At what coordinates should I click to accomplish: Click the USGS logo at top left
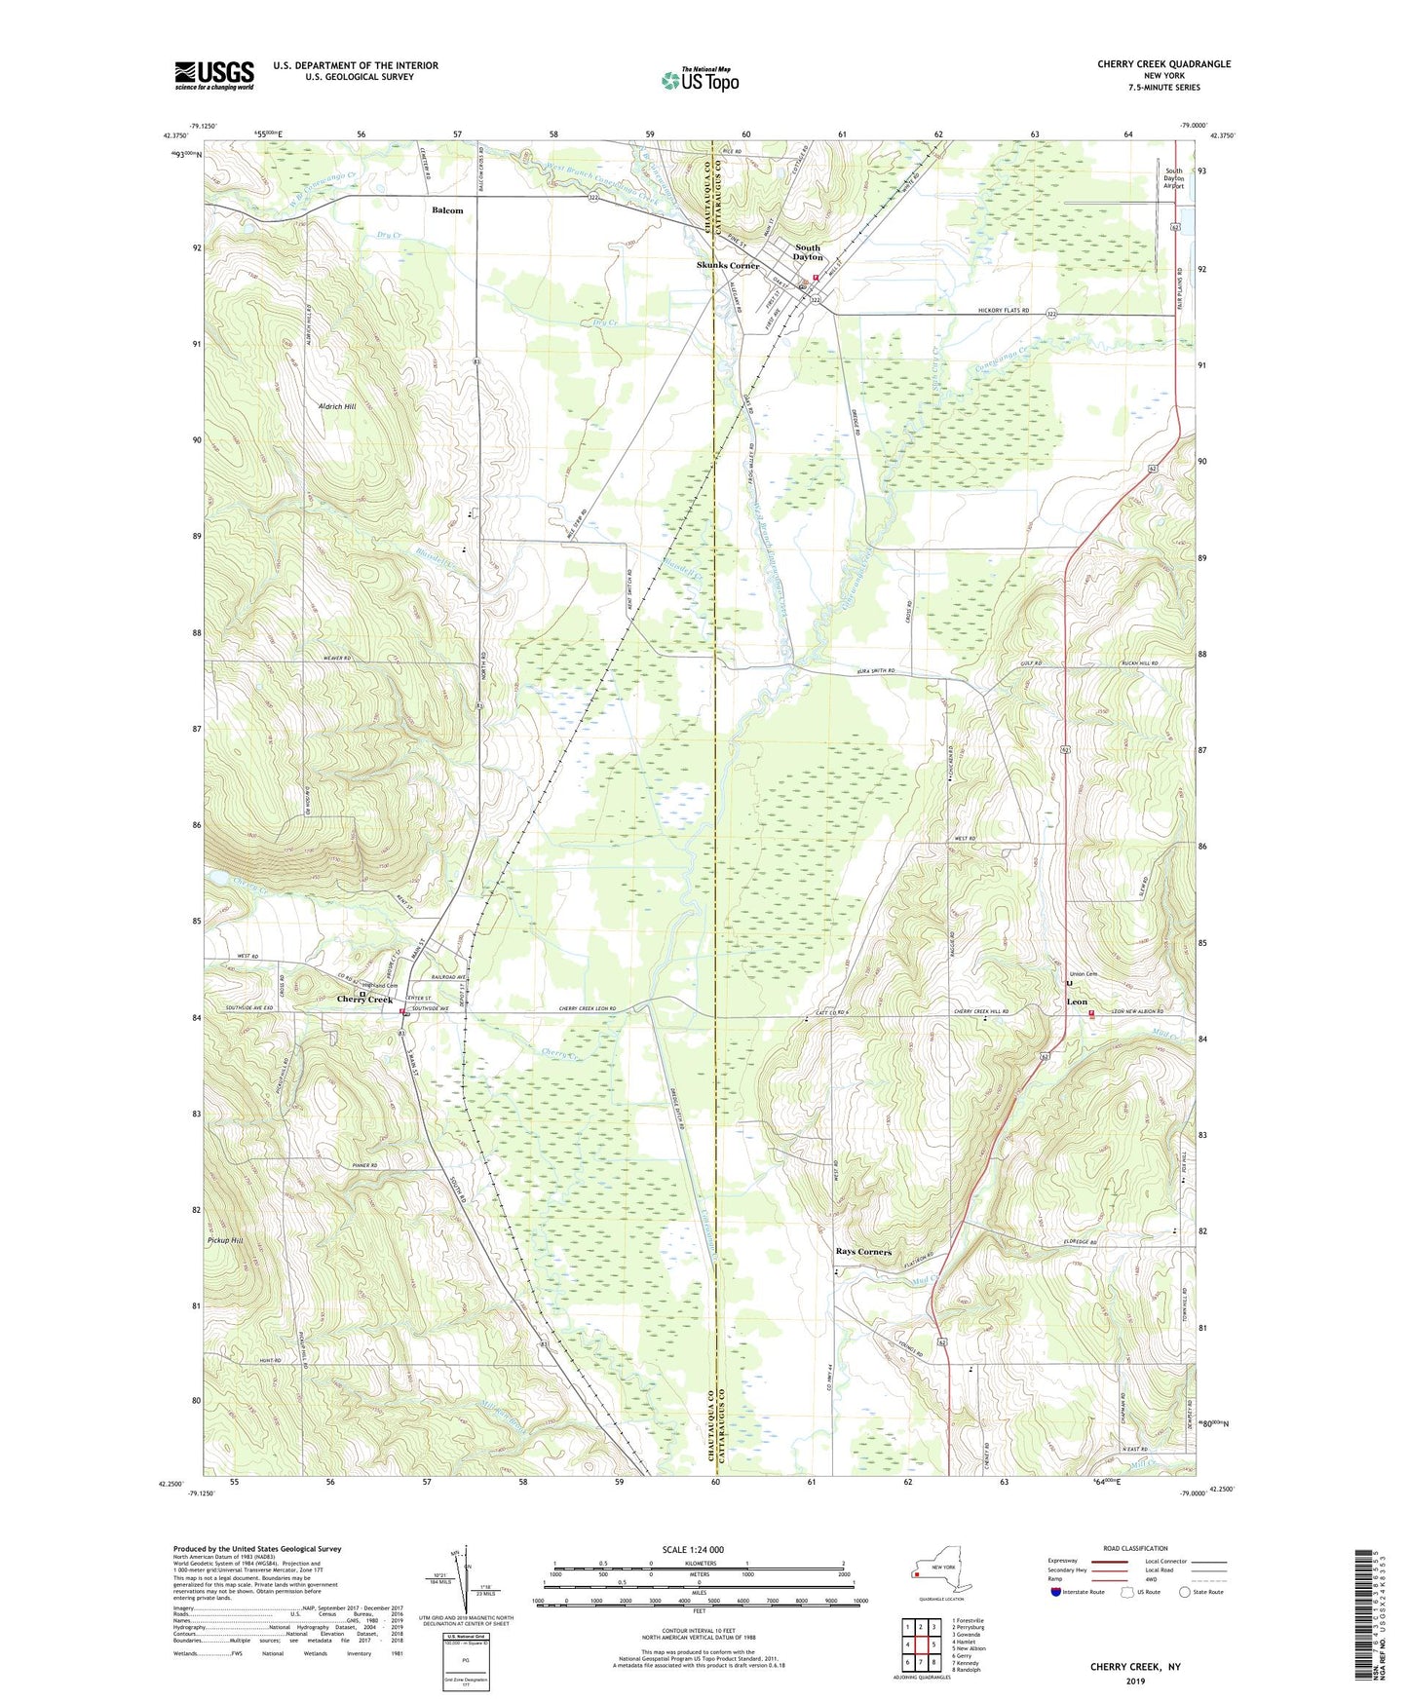tap(213, 75)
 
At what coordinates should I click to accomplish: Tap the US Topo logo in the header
tap(699, 80)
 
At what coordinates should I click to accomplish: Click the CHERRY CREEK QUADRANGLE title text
tap(1163, 64)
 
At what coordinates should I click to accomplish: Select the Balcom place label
tap(447, 210)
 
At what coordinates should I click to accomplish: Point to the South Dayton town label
tap(808, 252)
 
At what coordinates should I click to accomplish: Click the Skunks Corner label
tap(727, 266)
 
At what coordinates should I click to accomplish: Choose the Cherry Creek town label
tap(364, 1001)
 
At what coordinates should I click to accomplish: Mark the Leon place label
tap(1076, 1002)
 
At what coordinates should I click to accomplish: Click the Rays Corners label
tap(863, 1252)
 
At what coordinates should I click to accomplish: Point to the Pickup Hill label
tap(225, 1240)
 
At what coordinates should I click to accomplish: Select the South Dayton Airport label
tap(1173, 177)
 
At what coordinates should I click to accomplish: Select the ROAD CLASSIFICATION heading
tap(1134, 1548)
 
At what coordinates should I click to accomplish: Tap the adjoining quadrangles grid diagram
tap(920, 1644)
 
